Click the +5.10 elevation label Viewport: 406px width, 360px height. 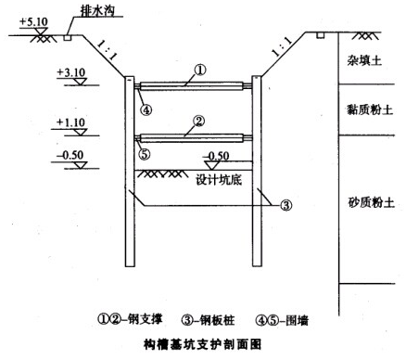[x=33, y=22]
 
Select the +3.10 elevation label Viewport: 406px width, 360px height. [x=70, y=72]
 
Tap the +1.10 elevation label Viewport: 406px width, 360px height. [x=70, y=122]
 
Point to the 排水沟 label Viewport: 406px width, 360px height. [x=97, y=11]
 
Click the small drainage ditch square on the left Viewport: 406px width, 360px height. [x=68, y=37]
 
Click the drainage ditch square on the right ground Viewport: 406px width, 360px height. [x=321, y=35]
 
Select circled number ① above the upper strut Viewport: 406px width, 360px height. [x=200, y=70]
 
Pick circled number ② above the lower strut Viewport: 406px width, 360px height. [x=198, y=121]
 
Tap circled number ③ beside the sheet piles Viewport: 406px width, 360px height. [x=285, y=205]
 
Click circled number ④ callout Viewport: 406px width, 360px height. [x=146, y=109]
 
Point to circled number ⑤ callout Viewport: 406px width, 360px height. [x=145, y=154]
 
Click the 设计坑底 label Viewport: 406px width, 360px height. [x=219, y=180]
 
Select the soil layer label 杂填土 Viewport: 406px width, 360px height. [x=364, y=60]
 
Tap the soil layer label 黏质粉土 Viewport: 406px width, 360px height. [x=370, y=109]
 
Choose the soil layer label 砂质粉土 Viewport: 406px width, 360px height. [x=372, y=202]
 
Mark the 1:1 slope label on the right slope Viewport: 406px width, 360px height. [x=282, y=46]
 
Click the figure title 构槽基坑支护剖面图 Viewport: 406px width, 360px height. [x=203, y=344]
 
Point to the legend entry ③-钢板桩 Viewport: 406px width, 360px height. [x=208, y=320]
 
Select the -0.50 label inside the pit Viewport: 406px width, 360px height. [x=217, y=156]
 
